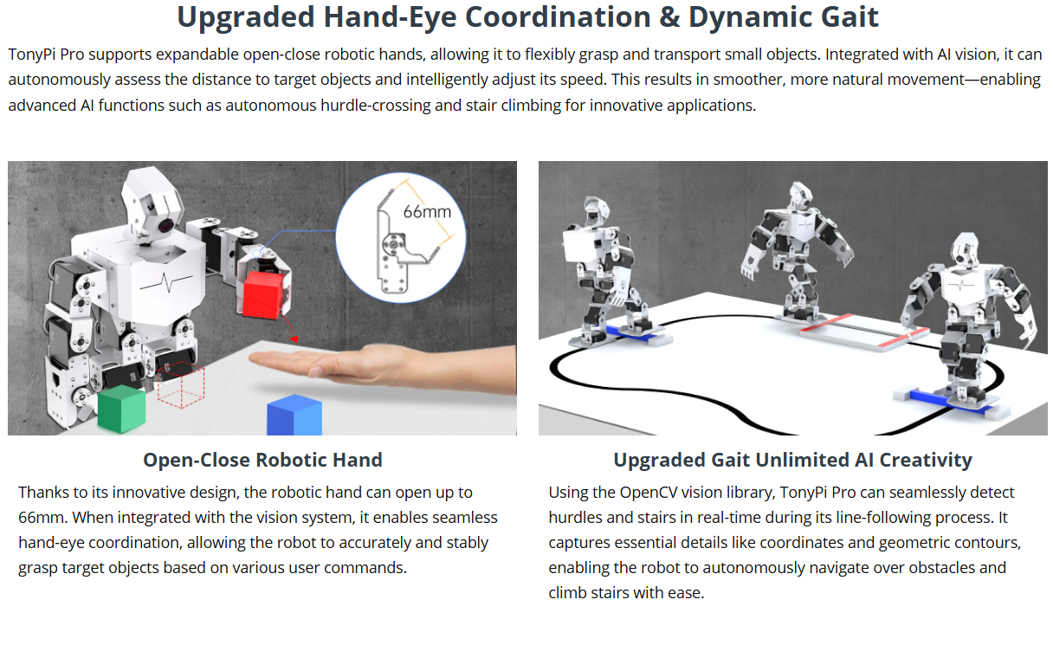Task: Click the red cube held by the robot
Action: pos(264,294)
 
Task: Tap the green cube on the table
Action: pos(121,409)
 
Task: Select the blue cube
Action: pos(294,415)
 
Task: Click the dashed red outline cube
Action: pos(180,384)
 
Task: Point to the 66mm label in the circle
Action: pos(427,212)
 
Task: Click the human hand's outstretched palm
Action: pos(329,362)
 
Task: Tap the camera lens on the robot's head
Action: pos(165,226)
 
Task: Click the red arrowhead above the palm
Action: pos(294,339)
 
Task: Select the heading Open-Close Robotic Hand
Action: pos(262,460)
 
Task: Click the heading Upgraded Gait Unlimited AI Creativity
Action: pos(793,460)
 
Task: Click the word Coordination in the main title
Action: pos(558,17)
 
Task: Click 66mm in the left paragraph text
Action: pos(41,518)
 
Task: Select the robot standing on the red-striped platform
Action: pos(797,254)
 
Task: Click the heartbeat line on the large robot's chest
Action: pos(166,282)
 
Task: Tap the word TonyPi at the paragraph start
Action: pos(32,55)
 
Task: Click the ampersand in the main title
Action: pos(670,17)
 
